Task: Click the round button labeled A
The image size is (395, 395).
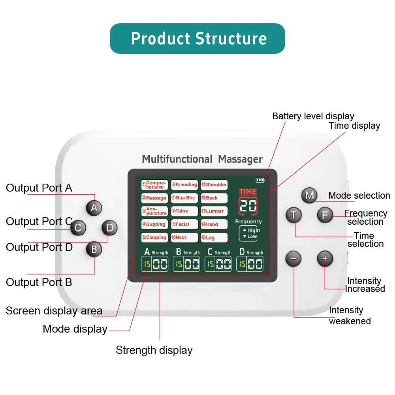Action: pyautogui.click(x=94, y=207)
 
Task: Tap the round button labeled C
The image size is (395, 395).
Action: pyautogui.click(x=78, y=228)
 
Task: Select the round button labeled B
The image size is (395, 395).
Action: pyautogui.click(x=94, y=249)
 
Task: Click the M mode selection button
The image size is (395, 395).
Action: pyautogui.click(x=309, y=195)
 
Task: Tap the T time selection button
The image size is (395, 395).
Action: pyautogui.click(x=293, y=215)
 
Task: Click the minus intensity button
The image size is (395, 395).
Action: pyautogui.click(x=293, y=259)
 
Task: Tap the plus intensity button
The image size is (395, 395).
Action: pyautogui.click(x=325, y=259)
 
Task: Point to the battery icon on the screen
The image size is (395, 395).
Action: pyautogui.click(x=260, y=180)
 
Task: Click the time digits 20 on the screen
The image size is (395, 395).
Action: pyautogui.click(x=248, y=206)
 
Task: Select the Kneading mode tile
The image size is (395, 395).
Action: pyautogui.click(x=184, y=185)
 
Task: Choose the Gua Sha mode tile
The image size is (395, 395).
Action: pyautogui.click(x=184, y=198)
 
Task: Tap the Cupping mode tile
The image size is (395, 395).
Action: pyautogui.click(x=154, y=224)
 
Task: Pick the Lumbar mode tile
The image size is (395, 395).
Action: pyautogui.click(x=214, y=211)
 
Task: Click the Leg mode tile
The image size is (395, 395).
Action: pyautogui.click(x=214, y=238)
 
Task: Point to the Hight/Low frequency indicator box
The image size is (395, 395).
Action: pyautogui.click(x=248, y=233)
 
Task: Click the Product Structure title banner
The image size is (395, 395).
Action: pyautogui.click(x=197, y=38)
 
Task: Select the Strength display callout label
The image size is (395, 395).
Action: pyautogui.click(x=154, y=350)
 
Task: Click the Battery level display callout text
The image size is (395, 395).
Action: pyautogui.click(x=313, y=116)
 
